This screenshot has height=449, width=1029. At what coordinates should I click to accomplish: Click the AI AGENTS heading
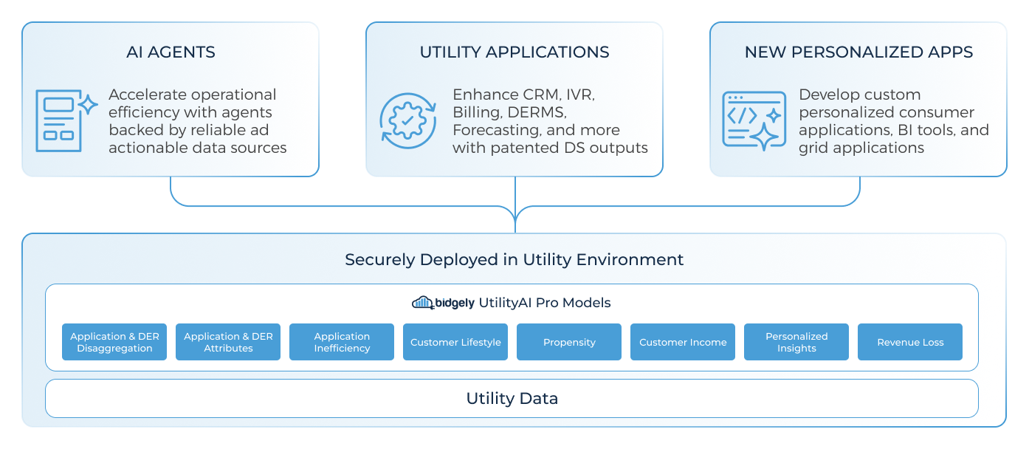(171, 52)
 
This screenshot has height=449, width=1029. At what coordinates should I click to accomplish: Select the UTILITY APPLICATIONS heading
(514, 52)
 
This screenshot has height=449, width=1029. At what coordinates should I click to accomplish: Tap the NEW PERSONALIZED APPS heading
(858, 52)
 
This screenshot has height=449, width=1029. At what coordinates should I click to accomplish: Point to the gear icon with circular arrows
(408, 120)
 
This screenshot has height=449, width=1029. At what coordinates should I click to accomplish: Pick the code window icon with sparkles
(754, 120)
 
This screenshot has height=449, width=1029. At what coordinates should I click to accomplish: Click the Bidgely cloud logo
(423, 303)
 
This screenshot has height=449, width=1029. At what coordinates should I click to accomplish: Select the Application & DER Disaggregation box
(114, 342)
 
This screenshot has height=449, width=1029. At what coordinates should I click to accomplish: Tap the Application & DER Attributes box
(228, 342)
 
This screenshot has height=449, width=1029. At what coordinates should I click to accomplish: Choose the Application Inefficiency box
(342, 342)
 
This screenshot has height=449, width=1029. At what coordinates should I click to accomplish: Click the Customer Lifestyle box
(455, 342)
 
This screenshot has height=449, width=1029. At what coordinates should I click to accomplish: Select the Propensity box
(569, 342)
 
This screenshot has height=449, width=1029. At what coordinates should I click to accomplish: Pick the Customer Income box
(683, 342)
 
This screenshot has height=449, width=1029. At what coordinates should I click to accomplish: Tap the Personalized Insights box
(796, 342)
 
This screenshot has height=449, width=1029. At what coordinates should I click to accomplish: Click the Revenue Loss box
(910, 342)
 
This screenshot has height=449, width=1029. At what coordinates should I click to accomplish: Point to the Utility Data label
(512, 399)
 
